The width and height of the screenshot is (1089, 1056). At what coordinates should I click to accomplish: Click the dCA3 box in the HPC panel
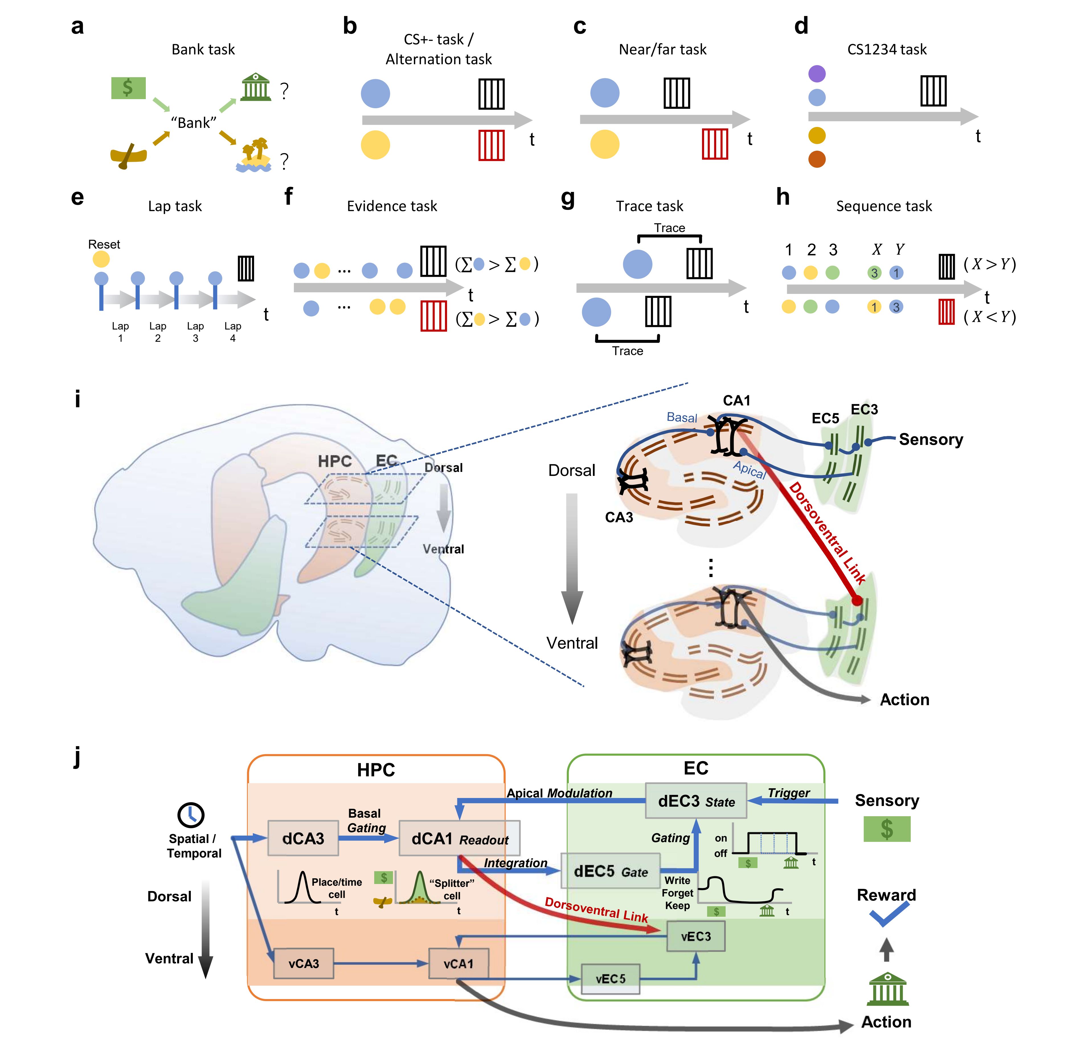pos(303,838)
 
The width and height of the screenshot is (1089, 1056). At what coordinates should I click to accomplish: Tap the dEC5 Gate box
pos(610,871)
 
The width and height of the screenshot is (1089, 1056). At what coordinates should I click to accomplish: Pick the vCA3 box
pos(304,963)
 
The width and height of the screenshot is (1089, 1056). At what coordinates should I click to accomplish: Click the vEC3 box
pos(696,936)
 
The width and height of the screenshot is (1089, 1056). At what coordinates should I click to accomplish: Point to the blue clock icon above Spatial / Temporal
pos(191,815)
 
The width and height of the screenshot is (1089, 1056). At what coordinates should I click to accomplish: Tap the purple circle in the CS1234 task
pos(817,73)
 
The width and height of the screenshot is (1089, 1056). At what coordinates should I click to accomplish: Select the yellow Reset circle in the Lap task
pos(101,259)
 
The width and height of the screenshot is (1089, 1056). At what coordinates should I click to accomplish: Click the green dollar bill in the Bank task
pos(128,88)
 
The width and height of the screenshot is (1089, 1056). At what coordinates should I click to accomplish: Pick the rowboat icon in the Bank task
pos(128,157)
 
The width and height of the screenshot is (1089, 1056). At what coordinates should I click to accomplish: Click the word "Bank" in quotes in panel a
pos(193,123)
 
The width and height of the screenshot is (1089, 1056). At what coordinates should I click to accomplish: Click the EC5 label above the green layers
pos(825,418)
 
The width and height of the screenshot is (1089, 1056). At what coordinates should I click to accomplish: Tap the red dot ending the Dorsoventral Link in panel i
pos(857,600)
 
